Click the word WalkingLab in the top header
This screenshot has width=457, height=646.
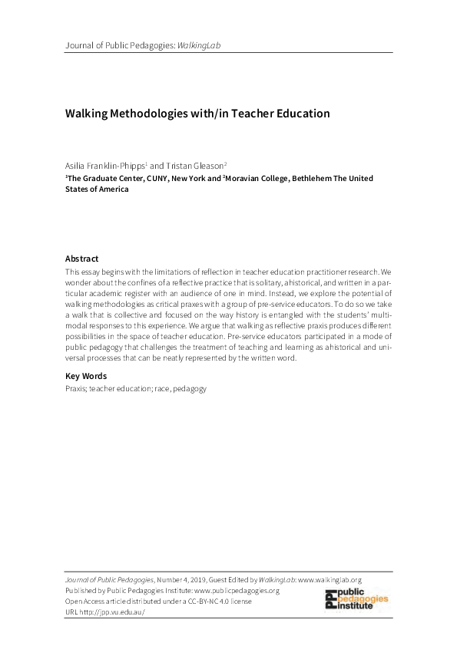pyautogui.click(x=199, y=45)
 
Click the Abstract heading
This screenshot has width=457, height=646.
pyautogui.click(x=81, y=259)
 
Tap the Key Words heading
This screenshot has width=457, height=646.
pyautogui.click(x=86, y=376)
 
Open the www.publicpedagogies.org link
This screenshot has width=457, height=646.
pyautogui.click(x=237, y=591)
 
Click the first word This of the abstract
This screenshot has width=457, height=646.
pyautogui.click(x=72, y=272)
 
